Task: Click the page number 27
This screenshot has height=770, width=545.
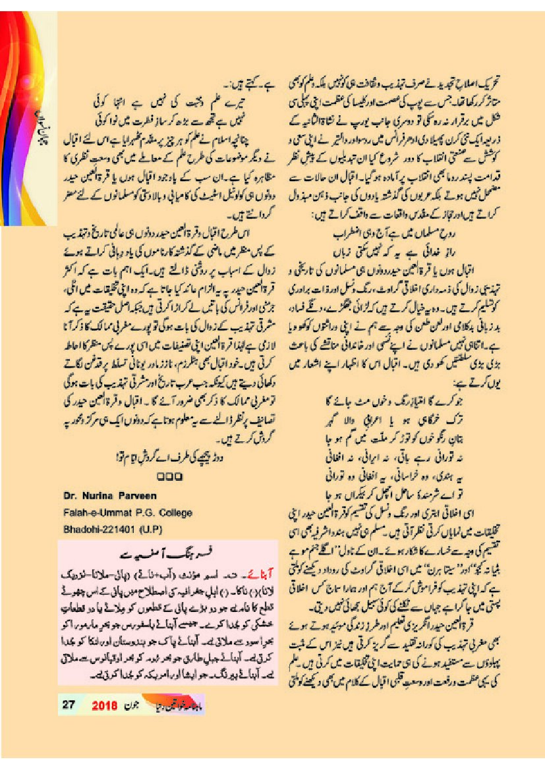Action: (68, 704)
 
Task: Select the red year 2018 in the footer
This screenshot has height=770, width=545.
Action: (104, 704)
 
